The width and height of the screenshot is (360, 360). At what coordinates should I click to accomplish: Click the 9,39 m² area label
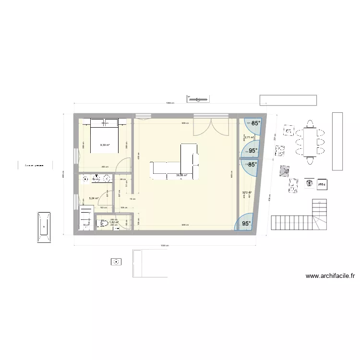click(x=105, y=145)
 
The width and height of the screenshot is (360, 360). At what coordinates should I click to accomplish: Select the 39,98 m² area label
click(x=181, y=175)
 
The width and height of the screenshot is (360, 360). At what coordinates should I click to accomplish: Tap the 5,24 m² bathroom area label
click(x=94, y=198)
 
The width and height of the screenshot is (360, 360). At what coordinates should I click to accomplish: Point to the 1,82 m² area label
click(x=114, y=222)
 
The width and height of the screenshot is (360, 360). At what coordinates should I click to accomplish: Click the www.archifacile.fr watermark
click(x=330, y=276)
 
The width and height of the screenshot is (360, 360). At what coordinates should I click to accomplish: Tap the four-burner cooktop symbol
click(x=279, y=152)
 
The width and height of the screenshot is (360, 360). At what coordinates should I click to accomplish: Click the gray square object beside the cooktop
click(x=285, y=170)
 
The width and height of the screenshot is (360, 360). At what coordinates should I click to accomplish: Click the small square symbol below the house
click(x=115, y=262)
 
